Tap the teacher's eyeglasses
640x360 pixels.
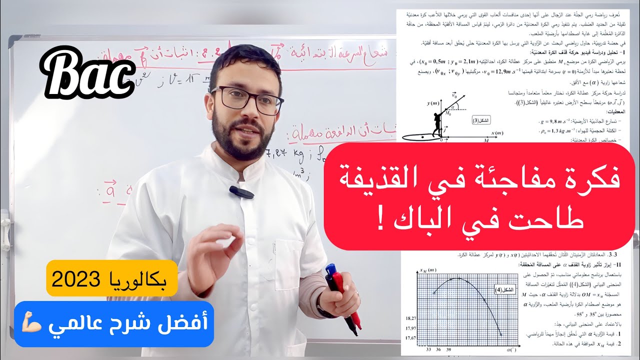(x=247, y=98)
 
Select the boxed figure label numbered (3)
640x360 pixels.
(x=482, y=120)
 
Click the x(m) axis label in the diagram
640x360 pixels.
(x=496, y=133)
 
